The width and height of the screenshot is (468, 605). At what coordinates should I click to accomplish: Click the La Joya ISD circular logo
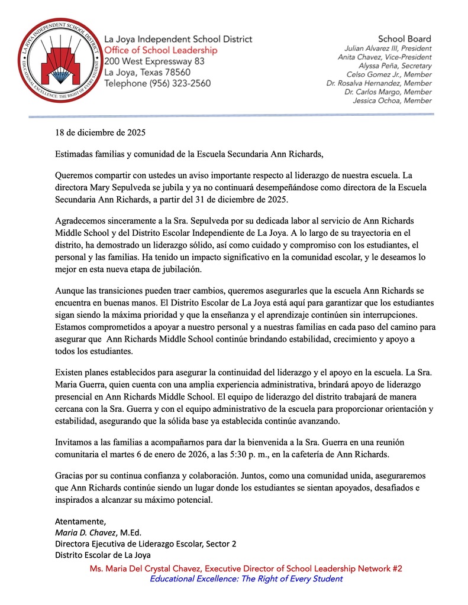pos(56,60)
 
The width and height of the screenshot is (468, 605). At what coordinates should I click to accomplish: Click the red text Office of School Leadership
pos(160,50)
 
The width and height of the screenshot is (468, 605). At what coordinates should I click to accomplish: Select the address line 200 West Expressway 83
pos(154,61)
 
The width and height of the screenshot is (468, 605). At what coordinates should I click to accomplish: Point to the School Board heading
pos(405,38)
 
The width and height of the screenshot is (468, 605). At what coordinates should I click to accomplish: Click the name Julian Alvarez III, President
pos(388,48)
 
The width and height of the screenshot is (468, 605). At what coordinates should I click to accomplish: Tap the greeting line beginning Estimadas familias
pos(189,155)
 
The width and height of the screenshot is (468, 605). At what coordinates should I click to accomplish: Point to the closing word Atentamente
pos(80,521)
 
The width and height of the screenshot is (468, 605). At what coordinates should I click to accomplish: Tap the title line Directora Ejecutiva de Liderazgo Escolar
pos(146,544)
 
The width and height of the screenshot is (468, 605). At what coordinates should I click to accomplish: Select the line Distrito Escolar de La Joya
pos(103,555)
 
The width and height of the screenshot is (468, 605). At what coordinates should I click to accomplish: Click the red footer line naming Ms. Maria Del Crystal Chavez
pos(246,568)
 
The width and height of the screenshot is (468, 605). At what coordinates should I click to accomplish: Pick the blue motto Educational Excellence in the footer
pos(246,579)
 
